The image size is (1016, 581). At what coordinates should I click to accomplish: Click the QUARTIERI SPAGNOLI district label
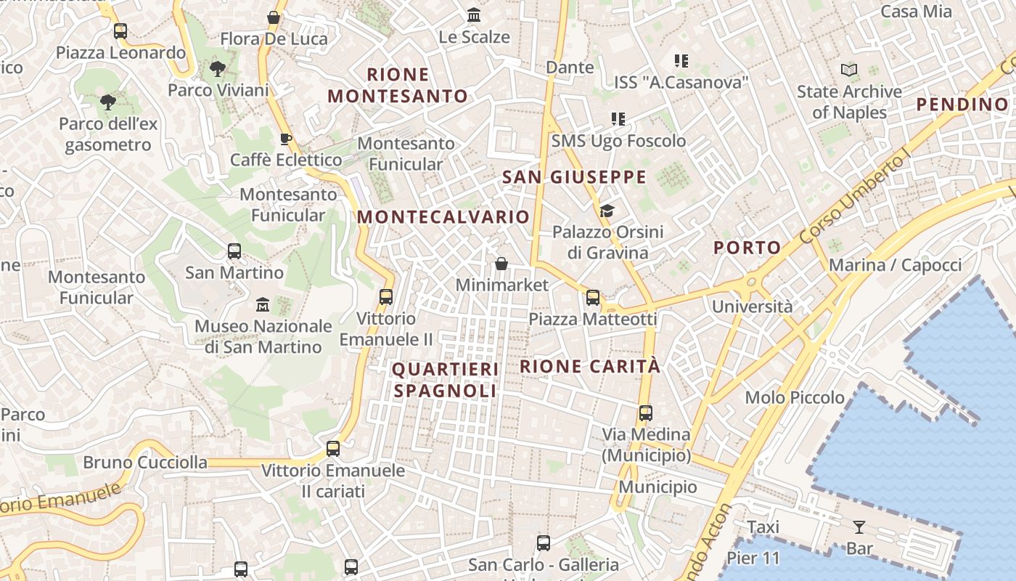[446, 380]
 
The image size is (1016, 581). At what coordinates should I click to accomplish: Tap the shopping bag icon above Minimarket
[501, 264]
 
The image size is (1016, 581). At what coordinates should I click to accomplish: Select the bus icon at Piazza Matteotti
[593, 297]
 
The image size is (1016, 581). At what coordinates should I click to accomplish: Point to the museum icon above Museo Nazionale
[263, 304]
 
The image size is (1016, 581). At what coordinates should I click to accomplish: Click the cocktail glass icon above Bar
[859, 527]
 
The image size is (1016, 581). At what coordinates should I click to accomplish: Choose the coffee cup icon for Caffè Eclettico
[286, 139]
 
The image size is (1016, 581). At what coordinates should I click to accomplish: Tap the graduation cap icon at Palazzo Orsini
[607, 211]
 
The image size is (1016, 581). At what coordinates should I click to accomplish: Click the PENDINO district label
[962, 105]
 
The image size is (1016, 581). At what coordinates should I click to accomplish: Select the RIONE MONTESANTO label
[398, 85]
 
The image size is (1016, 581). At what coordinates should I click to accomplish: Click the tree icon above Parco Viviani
[217, 69]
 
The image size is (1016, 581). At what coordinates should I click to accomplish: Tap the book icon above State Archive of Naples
[849, 70]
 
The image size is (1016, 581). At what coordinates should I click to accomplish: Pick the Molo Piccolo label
[795, 397]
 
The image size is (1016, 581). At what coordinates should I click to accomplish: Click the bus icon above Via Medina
[645, 413]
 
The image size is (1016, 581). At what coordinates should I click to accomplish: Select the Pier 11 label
[753, 558]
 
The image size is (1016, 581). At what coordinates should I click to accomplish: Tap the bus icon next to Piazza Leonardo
[120, 31]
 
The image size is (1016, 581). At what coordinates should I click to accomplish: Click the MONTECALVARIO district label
[443, 217]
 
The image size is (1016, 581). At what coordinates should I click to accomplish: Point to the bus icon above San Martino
[234, 251]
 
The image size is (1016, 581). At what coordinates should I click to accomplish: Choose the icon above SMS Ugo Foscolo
[618, 118]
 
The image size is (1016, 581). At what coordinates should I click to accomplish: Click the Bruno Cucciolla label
[144, 463]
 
